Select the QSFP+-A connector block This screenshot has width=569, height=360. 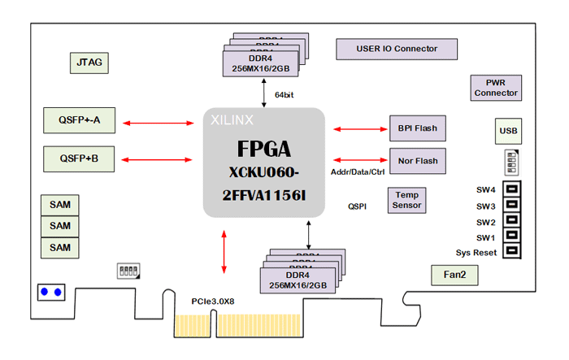coord(79,121)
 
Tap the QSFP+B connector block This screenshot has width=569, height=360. coord(79,158)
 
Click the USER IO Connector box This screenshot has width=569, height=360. coord(397,49)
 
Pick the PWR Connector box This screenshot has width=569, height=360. coord(496,88)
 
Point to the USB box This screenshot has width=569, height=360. coord(508,132)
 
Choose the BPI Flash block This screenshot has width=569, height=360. coord(417,128)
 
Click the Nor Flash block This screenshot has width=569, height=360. coord(417,160)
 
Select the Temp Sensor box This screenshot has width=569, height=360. coord(406,200)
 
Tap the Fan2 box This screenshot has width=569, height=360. coord(454,275)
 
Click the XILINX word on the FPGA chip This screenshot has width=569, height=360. coord(232,119)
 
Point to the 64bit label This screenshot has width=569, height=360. coord(284,95)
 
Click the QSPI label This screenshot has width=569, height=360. coord(357,206)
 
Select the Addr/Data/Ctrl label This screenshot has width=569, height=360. coord(358,172)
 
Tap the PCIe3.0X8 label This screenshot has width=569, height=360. coord(213,301)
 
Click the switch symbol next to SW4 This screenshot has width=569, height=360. coord(511,190)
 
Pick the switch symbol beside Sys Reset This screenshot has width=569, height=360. coord(511,252)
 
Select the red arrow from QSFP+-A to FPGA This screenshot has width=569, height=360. coord(162,124)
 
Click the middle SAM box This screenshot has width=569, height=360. coord(60,225)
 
